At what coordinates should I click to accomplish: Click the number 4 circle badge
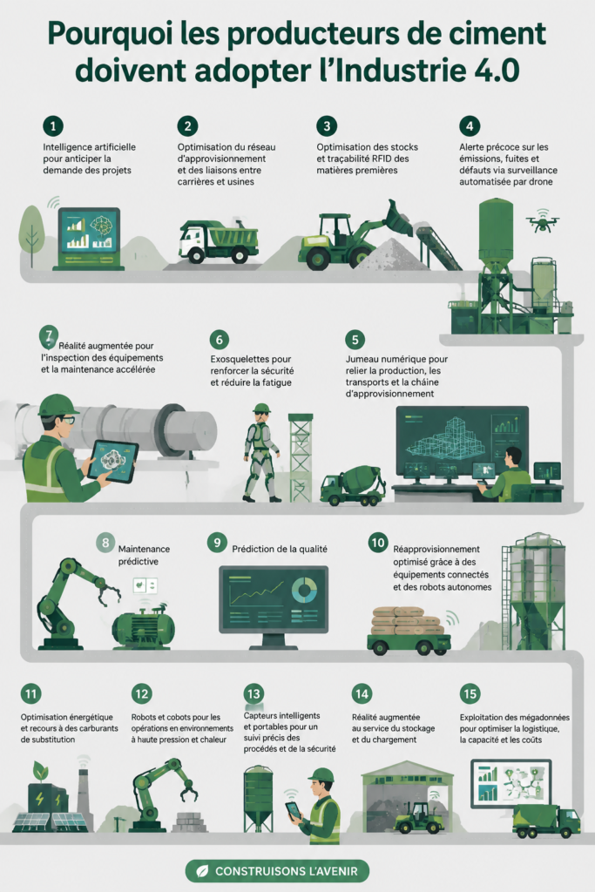(470, 125)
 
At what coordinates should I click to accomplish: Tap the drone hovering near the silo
(542, 220)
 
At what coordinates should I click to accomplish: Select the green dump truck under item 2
(219, 241)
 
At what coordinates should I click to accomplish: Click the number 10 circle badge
(378, 543)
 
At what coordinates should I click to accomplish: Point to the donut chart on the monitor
(305, 591)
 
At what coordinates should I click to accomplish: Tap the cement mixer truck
(353, 485)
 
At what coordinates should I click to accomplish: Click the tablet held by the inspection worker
(113, 462)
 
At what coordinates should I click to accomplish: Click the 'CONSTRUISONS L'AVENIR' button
(277, 871)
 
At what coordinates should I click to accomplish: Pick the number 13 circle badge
(254, 694)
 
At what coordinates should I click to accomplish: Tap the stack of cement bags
(407, 621)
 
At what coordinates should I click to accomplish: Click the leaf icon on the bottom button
(202, 871)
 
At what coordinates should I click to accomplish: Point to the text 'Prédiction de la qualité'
(280, 549)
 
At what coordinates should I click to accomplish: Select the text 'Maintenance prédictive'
(144, 555)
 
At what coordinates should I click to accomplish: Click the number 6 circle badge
(219, 340)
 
